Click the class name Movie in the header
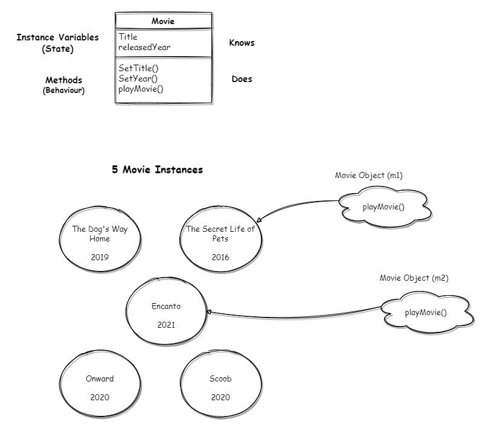(x=163, y=21)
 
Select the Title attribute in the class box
(x=128, y=37)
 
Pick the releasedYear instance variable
(x=144, y=47)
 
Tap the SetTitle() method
(x=138, y=68)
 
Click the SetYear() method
(x=138, y=78)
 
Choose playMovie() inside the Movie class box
(x=141, y=89)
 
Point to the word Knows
(x=242, y=43)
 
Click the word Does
(x=242, y=79)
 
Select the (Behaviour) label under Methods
(x=63, y=91)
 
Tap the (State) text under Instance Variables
(x=57, y=49)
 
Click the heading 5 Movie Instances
(x=157, y=170)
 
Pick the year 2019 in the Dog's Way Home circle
(x=100, y=257)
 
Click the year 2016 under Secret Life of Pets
(x=220, y=257)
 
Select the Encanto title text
(x=166, y=306)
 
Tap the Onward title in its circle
(x=100, y=378)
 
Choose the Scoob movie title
(x=220, y=378)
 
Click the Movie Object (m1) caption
(x=369, y=175)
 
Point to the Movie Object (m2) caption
(x=414, y=278)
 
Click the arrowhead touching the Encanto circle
(x=209, y=312)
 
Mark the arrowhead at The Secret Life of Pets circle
(x=258, y=220)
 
